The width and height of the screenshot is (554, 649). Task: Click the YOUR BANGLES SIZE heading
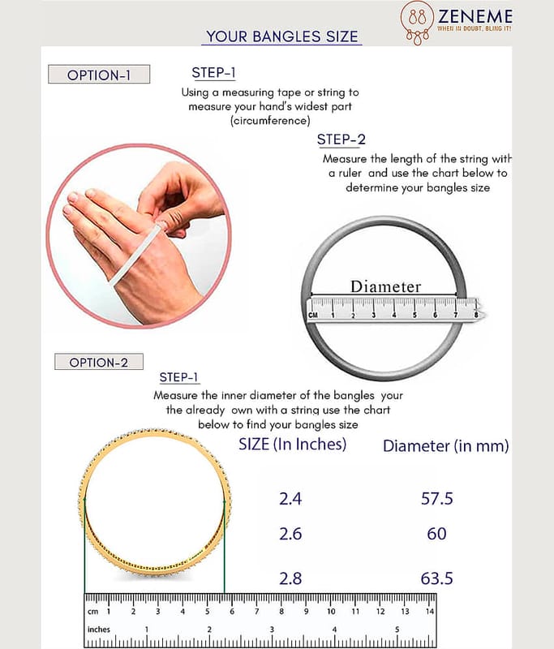[282, 37]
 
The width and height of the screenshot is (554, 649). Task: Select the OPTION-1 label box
[99, 75]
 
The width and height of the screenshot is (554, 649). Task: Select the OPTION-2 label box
[98, 362]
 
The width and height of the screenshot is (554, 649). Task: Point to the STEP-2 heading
[341, 140]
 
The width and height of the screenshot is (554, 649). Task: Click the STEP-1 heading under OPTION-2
[179, 377]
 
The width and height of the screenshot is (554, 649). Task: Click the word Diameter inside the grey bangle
[385, 286]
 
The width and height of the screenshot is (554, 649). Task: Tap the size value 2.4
[290, 499]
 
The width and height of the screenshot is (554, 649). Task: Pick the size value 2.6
[290, 534]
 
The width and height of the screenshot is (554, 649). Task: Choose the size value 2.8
[290, 578]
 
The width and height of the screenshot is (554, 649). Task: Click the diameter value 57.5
[436, 499]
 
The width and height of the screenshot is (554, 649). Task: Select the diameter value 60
[436, 534]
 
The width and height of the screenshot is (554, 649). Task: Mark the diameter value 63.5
[436, 578]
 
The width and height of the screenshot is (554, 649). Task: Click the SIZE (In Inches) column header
[292, 444]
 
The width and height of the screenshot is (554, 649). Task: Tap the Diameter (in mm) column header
[445, 445]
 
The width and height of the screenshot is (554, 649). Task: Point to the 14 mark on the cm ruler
[430, 611]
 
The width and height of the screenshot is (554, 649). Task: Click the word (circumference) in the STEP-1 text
[269, 120]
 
